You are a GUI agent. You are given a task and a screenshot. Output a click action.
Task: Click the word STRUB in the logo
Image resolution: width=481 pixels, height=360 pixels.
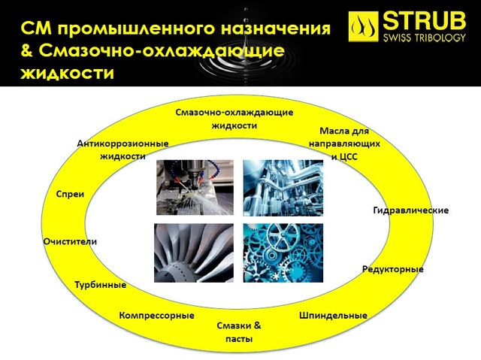pyautogui.click(x=424, y=21)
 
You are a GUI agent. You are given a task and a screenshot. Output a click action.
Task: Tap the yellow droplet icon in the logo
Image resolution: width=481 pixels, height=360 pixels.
pyautogui.click(x=363, y=26)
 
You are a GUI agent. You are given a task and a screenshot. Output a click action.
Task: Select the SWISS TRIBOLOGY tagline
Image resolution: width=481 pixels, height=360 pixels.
pyautogui.click(x=424, y=38)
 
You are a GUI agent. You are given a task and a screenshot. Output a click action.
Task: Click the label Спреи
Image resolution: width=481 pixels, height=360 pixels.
pyautogui.click(x=70, y=195)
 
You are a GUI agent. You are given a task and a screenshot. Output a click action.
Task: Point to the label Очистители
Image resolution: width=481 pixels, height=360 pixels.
pyautogui.click(x=70, y=242)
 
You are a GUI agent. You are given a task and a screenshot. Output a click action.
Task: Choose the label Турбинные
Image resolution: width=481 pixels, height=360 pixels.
pyautogui.click(x=101, y=285)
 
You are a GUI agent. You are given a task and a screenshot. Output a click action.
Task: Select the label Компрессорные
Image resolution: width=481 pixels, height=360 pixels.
pyautogui.click(x=157, y=316)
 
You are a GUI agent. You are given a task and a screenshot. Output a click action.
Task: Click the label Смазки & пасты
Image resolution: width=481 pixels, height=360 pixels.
pyautogui.click(x=239, y=332)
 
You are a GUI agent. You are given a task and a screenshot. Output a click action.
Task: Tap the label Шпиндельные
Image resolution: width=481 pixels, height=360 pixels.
pyautogui.click(x=333, y=316)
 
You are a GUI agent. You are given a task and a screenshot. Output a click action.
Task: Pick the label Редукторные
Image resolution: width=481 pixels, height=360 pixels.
pyautogui.click(x=393, y=269)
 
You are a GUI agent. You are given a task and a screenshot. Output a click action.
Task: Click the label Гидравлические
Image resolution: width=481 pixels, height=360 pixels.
pyautogui.click(x=411, y=210)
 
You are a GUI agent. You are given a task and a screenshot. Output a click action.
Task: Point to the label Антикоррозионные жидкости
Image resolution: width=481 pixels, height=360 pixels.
pyautogui.click(x=123, y=150)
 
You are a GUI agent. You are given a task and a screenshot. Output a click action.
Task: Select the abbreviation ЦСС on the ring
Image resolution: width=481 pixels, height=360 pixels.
pyautogui.click(x=349, y=157)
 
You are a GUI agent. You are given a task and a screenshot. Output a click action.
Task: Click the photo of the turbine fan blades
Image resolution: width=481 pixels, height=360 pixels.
pyautogui.click(x=194, y=253)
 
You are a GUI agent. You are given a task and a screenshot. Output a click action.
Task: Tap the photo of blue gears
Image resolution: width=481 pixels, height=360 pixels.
pyautogui.click(x=283, y=253)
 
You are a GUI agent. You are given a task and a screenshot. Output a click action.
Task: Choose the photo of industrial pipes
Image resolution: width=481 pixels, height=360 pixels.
pyautogui.click(x=283, y=188)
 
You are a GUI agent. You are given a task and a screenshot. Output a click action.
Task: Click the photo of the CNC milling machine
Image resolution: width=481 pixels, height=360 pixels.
pyautogui.click(x=195, y=187)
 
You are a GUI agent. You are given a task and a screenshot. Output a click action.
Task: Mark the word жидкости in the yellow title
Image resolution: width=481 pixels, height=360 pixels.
pyautogui.click(x=67, y=74)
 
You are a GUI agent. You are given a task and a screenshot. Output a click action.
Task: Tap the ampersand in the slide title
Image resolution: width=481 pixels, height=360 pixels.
pyautogui.click(x=27, y=50)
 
